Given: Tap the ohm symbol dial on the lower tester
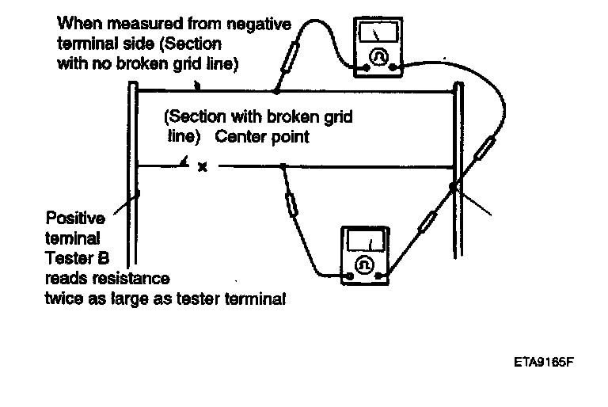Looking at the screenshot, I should [x=366, y=264].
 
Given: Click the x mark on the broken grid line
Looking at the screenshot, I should [x=202, y=167].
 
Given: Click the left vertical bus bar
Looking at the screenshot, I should [x=133, y=174].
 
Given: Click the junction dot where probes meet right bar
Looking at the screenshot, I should [x=454, y=188].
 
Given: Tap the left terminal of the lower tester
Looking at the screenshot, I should [x=348, y=277].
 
